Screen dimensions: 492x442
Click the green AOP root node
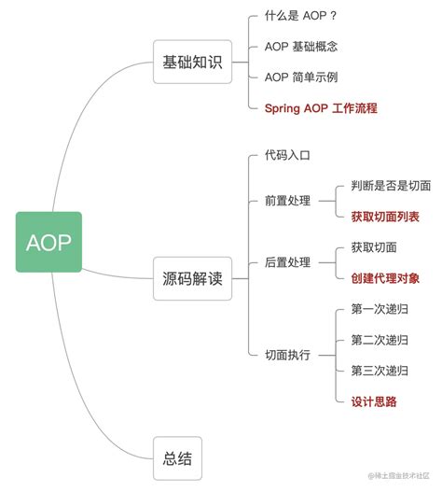[x=48, y=243]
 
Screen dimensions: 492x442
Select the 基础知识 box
[x=192, y=63]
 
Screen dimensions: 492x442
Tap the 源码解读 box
[x=192, y=277]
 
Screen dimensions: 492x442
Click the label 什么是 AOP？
[x=300, y=18]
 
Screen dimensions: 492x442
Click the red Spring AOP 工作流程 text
[x=321, y=108]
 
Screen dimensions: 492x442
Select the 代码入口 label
[x=287, y=155]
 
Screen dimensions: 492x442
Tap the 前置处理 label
[x=287, y=201]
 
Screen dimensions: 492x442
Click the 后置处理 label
[x=287, y=262]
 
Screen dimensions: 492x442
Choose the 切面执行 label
[x=287, y=355]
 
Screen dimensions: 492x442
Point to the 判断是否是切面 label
[x=391, y=186]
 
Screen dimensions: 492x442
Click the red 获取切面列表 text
[x=385, y=217]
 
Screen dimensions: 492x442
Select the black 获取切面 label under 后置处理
[x=374, y=247]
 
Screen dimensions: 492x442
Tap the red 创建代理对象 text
[x=385, y=278]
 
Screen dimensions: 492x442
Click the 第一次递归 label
[x=380, y=309]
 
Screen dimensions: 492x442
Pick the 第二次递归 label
[x=380, y=340]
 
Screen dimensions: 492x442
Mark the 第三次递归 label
[x=380, y=371]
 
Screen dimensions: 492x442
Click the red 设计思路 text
[x=374, y=401]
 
